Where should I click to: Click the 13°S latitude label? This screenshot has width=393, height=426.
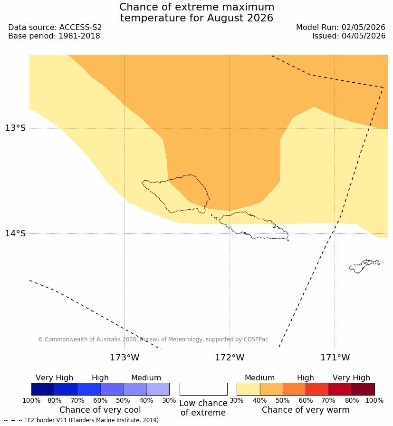tap(15, 128)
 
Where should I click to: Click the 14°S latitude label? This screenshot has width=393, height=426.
tap(15, 233)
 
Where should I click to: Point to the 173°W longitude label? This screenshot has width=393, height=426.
tap(125, 358)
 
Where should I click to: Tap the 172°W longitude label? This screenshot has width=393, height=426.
tap(230, 358)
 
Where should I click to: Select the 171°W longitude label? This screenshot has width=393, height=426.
tap(335, 358)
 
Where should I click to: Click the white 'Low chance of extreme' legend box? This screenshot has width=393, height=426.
tap(203, 389)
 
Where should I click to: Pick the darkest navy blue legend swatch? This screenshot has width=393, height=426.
tap(43, 389)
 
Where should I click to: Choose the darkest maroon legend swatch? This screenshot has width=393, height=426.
tap(363, 389)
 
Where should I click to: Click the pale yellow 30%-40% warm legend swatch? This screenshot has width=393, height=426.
tap(248, 389)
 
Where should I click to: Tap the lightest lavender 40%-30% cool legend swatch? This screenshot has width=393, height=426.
tap(158, 389)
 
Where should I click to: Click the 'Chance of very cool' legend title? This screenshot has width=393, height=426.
tap(100, 410)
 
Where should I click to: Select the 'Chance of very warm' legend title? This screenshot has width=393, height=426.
tap(306, 410)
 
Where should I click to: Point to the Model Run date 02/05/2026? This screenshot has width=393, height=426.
tap(364, 28)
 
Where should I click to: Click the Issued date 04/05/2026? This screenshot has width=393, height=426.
tap(364, 36)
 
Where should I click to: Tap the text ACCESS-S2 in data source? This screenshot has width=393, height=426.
tap(80, 28)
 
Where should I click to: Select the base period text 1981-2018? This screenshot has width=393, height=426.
tap(79, 36)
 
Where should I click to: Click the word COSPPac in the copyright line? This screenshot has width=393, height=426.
tap(256, 339)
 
